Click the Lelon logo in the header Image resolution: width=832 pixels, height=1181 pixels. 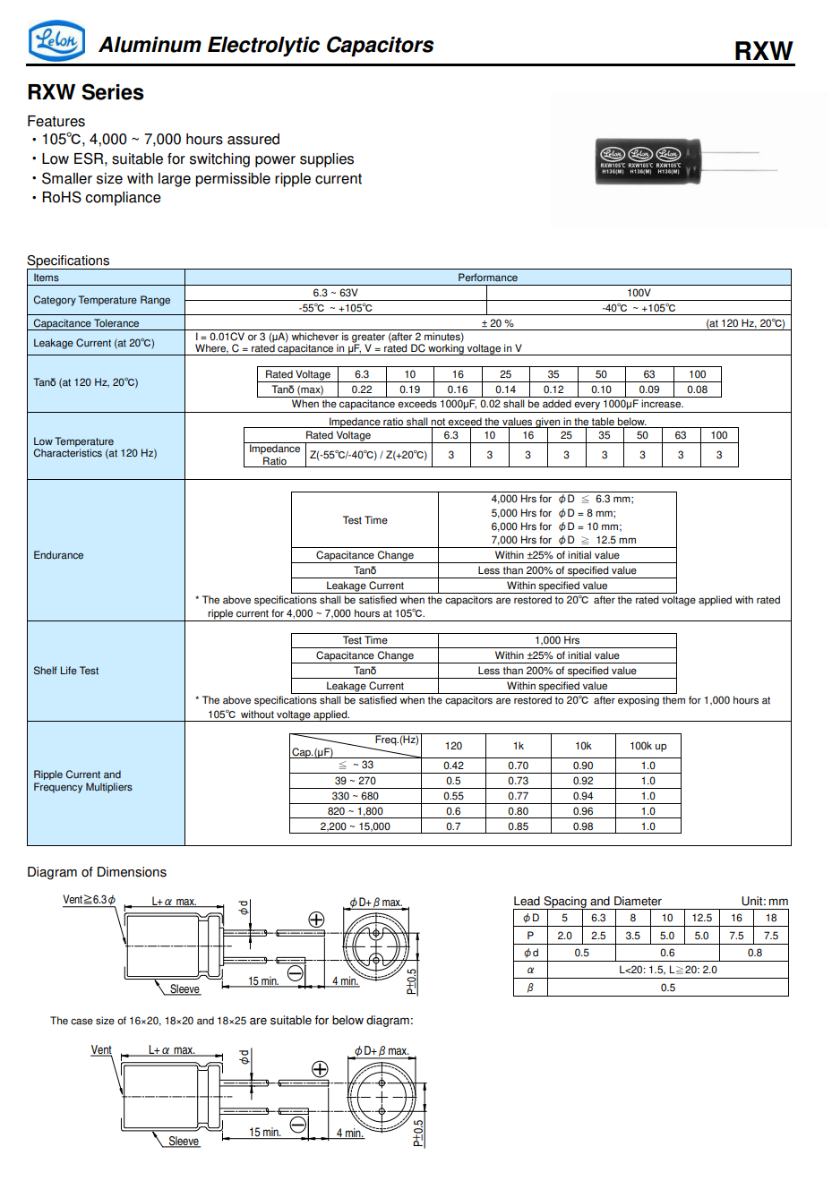pos(57,41)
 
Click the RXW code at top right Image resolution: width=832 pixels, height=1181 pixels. pos(763,51)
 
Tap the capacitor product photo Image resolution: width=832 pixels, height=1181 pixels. pos(648,161)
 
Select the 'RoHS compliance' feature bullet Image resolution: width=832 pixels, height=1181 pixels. pos(101,198)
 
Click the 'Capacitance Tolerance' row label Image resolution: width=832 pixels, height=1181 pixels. pos(86,323)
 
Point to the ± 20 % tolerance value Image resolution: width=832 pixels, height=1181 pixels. pos(497,323)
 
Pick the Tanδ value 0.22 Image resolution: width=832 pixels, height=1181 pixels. pos(362,389)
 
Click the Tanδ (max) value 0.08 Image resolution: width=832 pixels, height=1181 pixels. pos(697,389)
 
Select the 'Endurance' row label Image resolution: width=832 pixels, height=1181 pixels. pos(58,555)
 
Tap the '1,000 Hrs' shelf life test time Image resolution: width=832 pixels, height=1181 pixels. pos(557,640)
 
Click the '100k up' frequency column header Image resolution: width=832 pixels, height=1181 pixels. pos(648,746)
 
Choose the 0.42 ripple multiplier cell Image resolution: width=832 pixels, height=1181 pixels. pos(453,766)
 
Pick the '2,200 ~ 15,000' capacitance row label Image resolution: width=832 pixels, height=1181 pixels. pos(355,826)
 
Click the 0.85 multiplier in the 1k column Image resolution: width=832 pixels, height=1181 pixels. pos(518,826)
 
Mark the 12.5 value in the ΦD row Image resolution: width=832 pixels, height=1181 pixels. pos(701,918)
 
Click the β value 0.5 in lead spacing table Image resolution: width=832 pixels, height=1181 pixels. pos(668,988)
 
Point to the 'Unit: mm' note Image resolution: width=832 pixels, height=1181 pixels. pos(764,902)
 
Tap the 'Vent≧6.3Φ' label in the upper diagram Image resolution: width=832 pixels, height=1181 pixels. pos(89,900)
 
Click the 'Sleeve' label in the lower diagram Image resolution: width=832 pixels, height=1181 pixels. pos(184,1141)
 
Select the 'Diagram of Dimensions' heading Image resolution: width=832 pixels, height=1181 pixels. pos(97,872)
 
